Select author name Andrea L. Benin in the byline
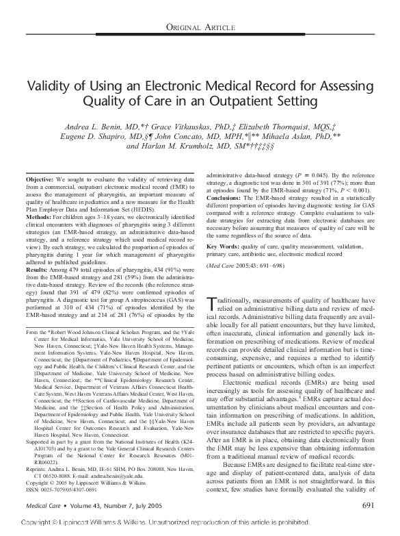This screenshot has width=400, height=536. (96, 128)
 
